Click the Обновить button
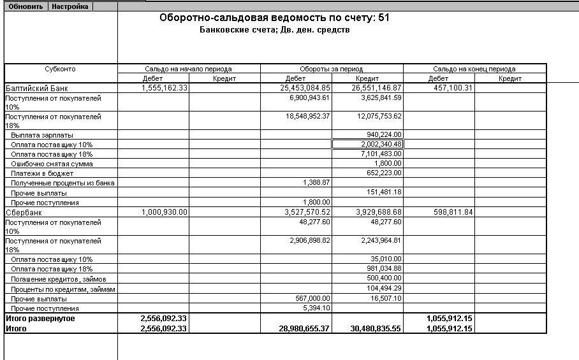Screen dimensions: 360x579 coord(26,6)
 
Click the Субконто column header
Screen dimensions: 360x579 coord(61,69)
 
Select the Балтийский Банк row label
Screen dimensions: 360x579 coord(36,88)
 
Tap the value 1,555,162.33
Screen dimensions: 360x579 coord(165,88)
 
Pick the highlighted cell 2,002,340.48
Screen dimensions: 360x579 coord(367,145)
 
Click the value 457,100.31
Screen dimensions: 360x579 coord(448,88)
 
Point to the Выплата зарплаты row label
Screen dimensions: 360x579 coord(42,135)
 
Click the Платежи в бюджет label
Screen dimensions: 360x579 coord(42,173)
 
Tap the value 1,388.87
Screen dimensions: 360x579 coord(317,183)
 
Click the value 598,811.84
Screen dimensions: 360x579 coord(450,212)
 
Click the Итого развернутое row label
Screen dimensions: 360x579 coord(40,318)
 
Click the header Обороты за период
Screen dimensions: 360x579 coord(332,69)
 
